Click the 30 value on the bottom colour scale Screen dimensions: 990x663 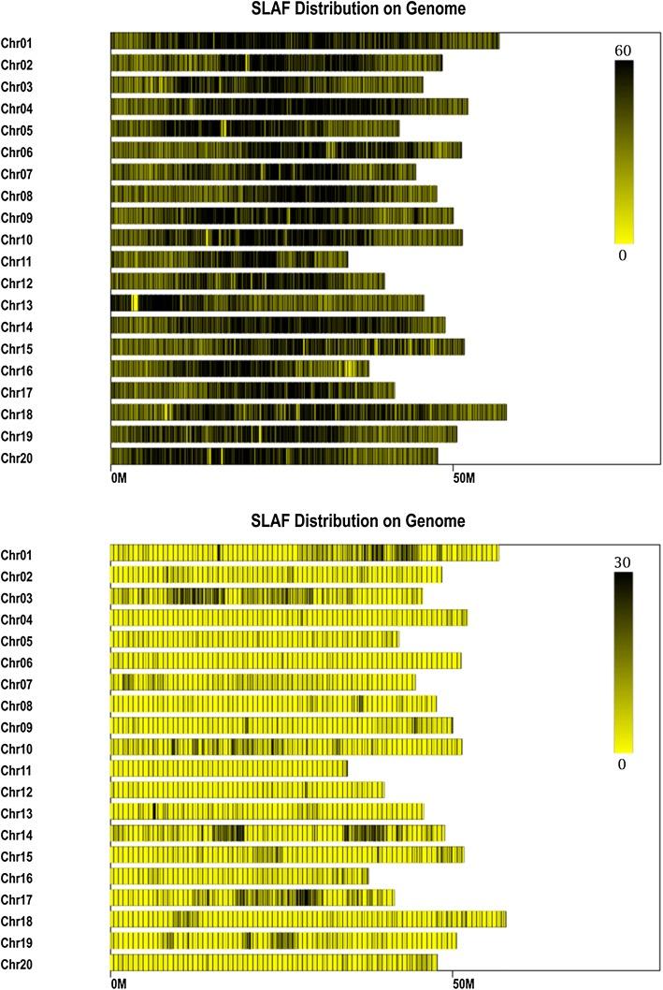point(624,563)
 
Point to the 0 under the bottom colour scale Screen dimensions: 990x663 point(624,764)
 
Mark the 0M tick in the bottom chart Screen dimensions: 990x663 point(118,983)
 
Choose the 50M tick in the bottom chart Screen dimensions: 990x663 point(463,983)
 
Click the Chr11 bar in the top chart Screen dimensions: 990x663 point(229,259)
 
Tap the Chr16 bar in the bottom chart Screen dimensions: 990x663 point(239,877)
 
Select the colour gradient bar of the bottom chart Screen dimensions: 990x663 point(624,662)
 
